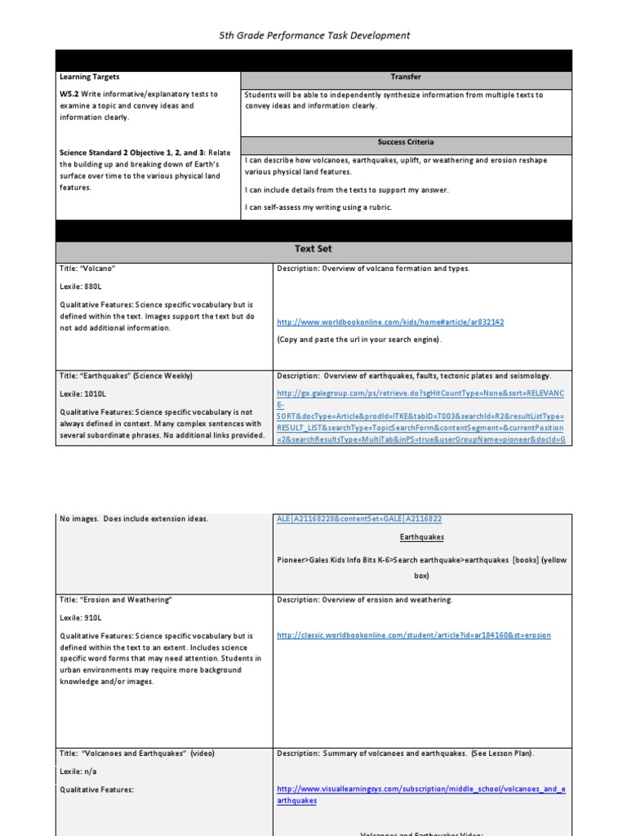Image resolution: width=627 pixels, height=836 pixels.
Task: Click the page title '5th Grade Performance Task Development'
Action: [314, 35]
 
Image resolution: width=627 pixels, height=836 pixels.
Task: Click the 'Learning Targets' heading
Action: [89, 77]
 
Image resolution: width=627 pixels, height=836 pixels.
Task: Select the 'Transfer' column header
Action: [406, 77]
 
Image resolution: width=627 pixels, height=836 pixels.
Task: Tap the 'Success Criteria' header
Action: [406, 142]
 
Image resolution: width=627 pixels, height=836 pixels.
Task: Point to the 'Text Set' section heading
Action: [313, 248]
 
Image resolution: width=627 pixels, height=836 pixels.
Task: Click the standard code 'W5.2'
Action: [71, 95]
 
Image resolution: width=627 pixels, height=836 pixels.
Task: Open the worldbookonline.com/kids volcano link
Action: [390, 322]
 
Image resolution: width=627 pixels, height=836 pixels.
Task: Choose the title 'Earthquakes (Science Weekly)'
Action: [126, 376]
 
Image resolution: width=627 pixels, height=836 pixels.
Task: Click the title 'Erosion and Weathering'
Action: [116, 600]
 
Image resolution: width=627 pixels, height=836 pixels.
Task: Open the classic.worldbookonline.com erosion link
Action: [414, 635]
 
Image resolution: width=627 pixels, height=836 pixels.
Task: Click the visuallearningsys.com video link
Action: [420, 794]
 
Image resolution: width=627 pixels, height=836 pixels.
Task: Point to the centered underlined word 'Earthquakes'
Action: [422, 538]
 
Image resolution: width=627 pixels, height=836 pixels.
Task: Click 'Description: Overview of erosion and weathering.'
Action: [364, 600]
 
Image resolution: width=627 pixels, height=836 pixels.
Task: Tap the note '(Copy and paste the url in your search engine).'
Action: [359, 339]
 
